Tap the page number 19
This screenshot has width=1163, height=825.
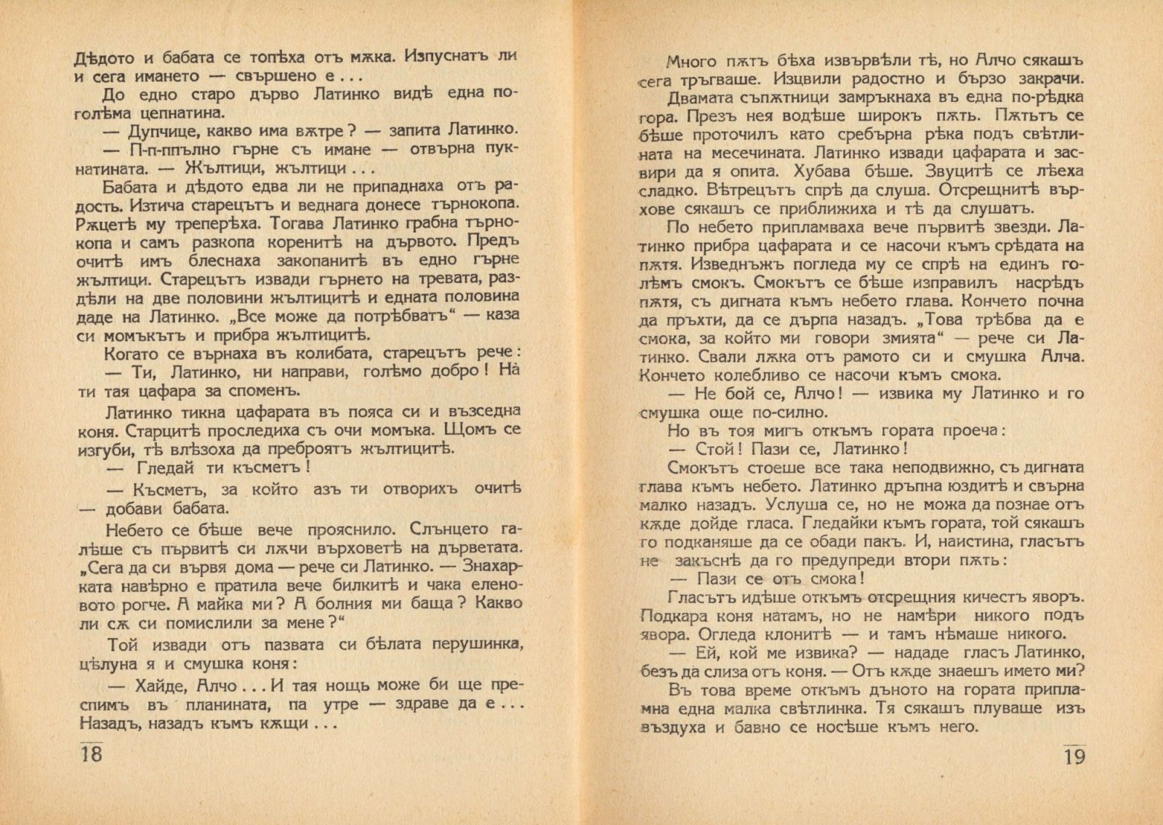[1074, 756]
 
